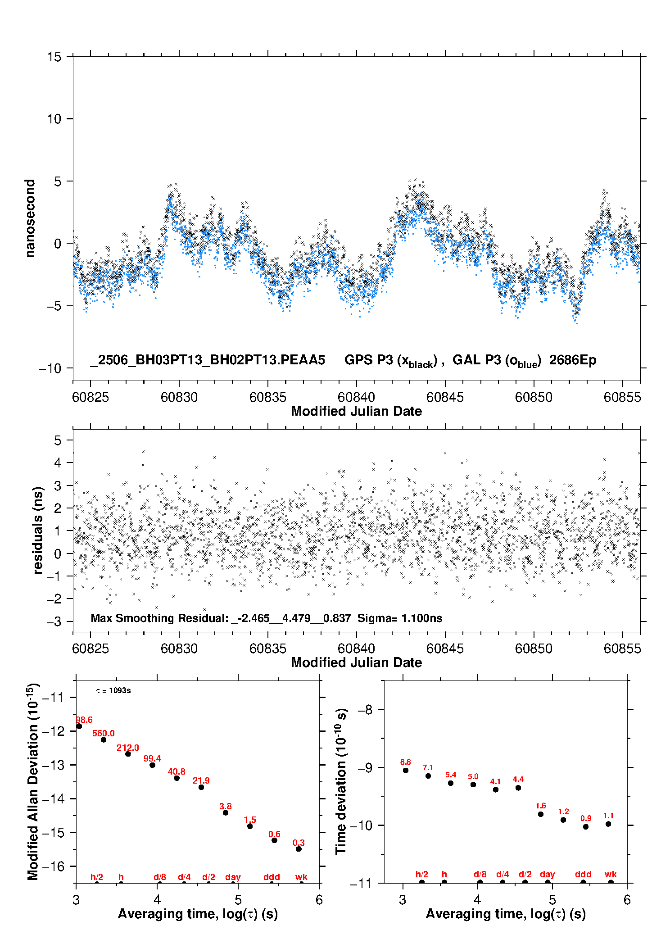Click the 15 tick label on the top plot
pyautogui.click(x=54, y=57)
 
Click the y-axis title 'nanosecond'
pyautogui.click(x=30, y=218)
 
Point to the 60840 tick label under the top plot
pyautogui.click(x=356, y=397)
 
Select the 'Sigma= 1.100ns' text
pyautogui.click(x=400, y=618)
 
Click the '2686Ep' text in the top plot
pyautogui.click(x=573, y=360)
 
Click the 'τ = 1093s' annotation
pyautogui.click(x=113, y=690)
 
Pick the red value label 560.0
pyautogui.click(x=104, y=733)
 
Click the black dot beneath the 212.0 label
pyautogui.click(x=128, y=754)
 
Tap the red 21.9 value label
pyautogui.click(x=201, y=780)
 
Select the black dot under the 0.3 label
pyautogui.click(x=299, y=849)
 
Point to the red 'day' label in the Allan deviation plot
pyautogui.click(x=233, y=877)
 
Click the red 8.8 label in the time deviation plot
pyautogui.click(x=405, y=762)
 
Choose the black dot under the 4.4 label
pyautogui.click(x=518, y=788)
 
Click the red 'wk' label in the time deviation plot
pyautogui.click(x=611, y=874)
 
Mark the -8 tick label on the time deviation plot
pyautogui.click(x=366, y=710)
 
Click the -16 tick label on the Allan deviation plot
pyautogui.click(x=53, y=866)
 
